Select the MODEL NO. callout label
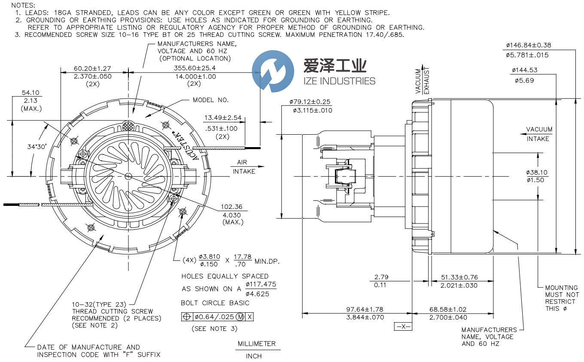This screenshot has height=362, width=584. click(210, 100)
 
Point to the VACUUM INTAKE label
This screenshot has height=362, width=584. click(539, 134)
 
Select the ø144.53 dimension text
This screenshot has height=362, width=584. click(524, 70)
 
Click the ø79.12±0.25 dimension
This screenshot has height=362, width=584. click(310, 102)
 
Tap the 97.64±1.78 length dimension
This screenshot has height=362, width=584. click(365, 309)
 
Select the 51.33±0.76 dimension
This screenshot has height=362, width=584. click(459, 277)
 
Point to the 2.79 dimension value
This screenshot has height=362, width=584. click(381, 277)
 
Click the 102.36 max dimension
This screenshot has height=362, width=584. click(233, 206)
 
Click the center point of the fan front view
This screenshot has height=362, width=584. click(128, 176)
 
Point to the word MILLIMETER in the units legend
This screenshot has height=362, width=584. click(257, 344)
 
